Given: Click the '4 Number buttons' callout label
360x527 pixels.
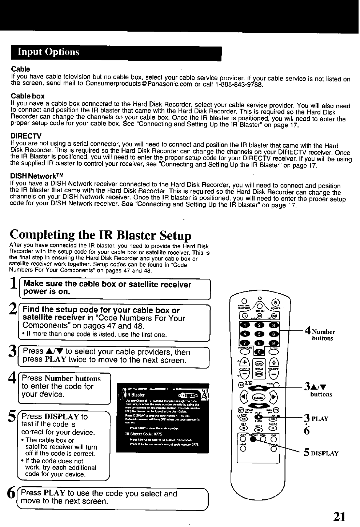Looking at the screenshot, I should [320, 334].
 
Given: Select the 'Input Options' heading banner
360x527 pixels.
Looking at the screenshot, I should [116, 52].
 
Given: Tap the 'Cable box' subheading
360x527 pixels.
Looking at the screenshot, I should [28, 96].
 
